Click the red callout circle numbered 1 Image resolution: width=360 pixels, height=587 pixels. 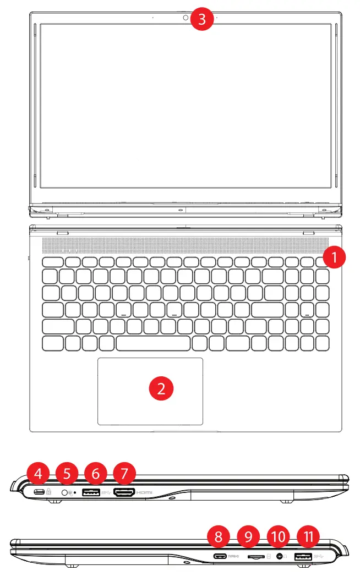pos(334,257)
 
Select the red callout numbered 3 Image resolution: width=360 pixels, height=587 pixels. pos(202,20)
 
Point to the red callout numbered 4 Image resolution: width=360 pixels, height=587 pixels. pos(37,473)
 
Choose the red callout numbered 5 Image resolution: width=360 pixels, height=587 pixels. pos(67,473)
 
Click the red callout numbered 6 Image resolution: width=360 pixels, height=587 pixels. pos(96,473)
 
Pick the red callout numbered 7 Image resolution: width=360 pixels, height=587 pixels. pos(124,473)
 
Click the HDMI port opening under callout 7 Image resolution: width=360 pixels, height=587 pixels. pos(124,492)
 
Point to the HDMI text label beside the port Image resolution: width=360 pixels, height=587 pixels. pos(144,492)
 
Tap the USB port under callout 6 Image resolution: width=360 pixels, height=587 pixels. pos(91,492)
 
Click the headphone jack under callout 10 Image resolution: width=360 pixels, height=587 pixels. pos(281,557)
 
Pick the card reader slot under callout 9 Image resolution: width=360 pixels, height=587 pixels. pos(255,557)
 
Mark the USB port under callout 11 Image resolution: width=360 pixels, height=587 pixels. pos(303,557)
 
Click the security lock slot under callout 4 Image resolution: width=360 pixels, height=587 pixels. pos(39,491)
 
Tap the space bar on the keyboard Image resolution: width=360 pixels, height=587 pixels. pos(154,344)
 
